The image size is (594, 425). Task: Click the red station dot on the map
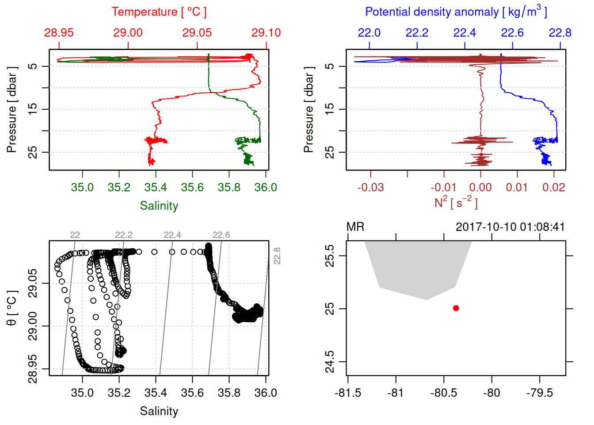pos(456,308)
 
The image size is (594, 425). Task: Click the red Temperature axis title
pos(159,12)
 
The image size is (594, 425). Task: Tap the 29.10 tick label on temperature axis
pos(266,33)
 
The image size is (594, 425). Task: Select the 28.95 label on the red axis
pos(59,33)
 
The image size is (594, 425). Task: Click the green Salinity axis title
pos(159,206)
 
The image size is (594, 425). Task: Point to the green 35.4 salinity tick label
pos(156,188)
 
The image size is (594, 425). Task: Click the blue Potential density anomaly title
pos(456,12)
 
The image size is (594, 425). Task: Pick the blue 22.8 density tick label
pos(560,33)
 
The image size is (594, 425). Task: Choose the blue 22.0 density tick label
pos(369,33)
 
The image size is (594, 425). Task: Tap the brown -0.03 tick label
pos(370,188)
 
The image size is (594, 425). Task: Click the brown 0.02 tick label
pos(553,188)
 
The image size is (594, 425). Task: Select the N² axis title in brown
pos(456,202)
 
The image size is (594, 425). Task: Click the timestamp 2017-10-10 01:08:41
pos(510,227)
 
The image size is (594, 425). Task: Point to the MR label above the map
pos(355,227)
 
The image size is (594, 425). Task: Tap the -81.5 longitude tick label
pos(348,393)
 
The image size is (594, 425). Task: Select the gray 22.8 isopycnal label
pos(277,256)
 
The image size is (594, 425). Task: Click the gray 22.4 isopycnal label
pos(172,235)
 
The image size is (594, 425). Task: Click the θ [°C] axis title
pos(12,308)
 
